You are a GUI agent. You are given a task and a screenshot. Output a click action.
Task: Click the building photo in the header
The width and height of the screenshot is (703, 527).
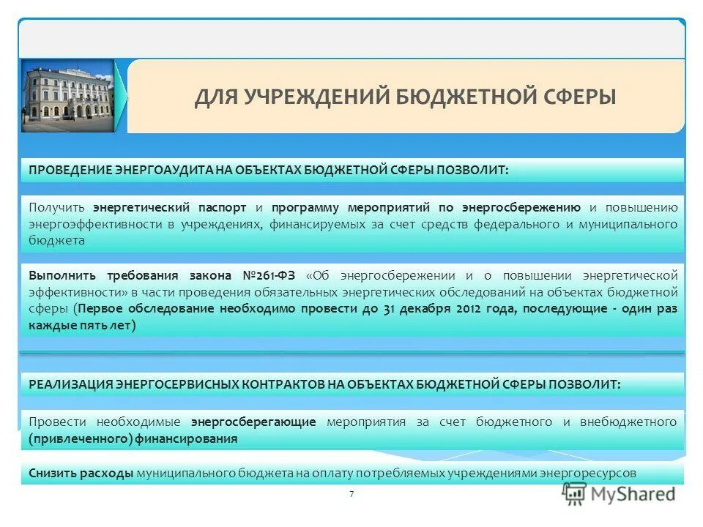tap(67, 96)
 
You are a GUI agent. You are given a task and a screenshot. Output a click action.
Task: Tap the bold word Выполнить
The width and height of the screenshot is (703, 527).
tap(62, 276)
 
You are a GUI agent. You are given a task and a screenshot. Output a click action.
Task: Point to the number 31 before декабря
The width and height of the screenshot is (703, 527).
tap(389, 308)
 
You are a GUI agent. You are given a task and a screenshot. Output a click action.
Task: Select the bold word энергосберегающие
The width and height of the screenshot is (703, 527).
tap(253, 422)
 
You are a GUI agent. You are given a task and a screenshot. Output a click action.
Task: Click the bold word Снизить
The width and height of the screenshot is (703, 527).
tap(51, 473)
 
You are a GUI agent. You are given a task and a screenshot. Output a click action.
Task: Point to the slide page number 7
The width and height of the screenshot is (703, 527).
tap(351, 494)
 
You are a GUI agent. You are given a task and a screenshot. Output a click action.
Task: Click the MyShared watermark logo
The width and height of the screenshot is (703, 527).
tap(620, 494)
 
